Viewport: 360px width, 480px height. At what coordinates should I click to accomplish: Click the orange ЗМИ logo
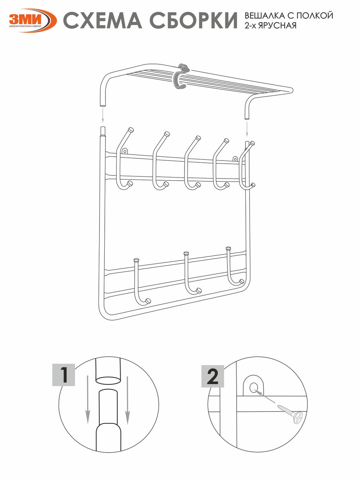tap(33, 20)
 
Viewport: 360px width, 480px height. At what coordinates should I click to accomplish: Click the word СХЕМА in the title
tap(103, 20)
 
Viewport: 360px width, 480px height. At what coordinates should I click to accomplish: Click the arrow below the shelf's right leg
tap(247, 129)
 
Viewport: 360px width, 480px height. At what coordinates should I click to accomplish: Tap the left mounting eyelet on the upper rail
tap(125, 151)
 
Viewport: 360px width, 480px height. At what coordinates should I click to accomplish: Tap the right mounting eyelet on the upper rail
tap(235, 159)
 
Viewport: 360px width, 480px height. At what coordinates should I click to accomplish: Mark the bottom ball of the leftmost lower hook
tap(148, 301)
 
